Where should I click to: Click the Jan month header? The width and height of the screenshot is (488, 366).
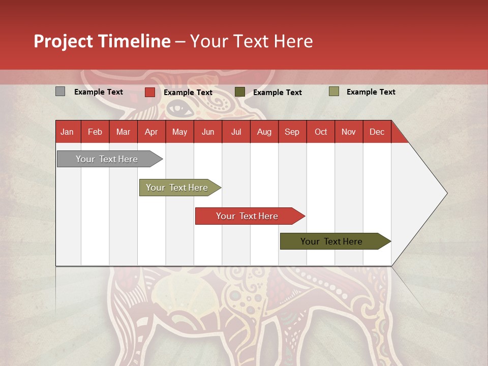(x=67, y=132)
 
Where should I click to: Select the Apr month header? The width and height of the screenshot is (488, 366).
(x=151, y=132)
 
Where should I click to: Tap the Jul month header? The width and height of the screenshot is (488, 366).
(x=236, y=132)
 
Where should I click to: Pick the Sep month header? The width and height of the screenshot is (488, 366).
(x=292, y=132)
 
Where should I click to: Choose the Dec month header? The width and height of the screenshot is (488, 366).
(x=377, y=132)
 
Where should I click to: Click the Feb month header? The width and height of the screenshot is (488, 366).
(x=95, y=132)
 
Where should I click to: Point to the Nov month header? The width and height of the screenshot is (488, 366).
(x=348, y=132)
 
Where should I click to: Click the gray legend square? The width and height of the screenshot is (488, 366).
(x=60, y=91)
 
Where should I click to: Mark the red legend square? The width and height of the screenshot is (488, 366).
(x=149, y=92)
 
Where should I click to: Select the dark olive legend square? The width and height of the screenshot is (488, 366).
(x=239, y=92)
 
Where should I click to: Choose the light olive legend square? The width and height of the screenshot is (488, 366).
(x=333, y=91)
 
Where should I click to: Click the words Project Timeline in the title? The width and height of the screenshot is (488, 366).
(x=102, y=41)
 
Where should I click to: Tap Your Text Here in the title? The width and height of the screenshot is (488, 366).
(x=251, y=41)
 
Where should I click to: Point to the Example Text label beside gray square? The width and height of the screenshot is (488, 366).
(x=99, y=92)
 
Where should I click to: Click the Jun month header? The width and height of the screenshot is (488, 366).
(x=208, y=132)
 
